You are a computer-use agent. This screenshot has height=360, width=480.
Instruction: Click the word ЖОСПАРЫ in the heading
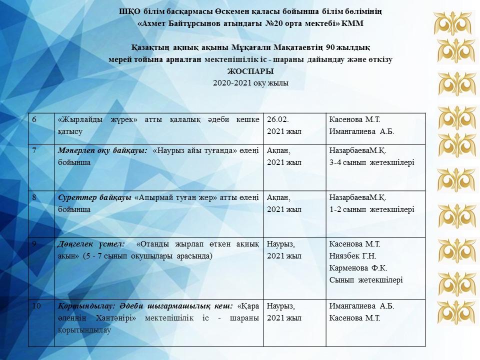(x=250, y=71)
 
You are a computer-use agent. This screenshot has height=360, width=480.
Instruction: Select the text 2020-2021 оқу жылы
(x=250, y=83)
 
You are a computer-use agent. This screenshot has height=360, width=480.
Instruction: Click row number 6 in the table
(x=34, y=119)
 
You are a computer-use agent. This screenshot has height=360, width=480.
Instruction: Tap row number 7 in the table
(x=34, y=150)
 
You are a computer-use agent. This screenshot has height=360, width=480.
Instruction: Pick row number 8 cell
(x=34, y=197)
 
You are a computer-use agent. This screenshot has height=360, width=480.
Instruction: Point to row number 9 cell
(x=34, y=244)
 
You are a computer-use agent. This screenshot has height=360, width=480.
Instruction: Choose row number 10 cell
(x=35, y=306)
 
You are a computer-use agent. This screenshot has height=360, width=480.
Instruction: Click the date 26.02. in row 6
(x=278, y=119)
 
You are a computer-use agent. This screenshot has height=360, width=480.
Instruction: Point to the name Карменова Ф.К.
(x=358, y=268)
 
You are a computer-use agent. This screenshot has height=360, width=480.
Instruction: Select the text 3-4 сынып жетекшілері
(x=371, y=162)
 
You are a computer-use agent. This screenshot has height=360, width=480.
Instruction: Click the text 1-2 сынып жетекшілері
(x=371, y=209)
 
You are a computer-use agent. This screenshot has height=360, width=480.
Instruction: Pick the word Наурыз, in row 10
(x=281, y=306)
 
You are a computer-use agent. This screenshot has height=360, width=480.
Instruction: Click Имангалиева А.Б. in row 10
(x=361, y=306)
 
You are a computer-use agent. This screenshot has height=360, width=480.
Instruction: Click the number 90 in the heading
(x=329, y=47)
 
